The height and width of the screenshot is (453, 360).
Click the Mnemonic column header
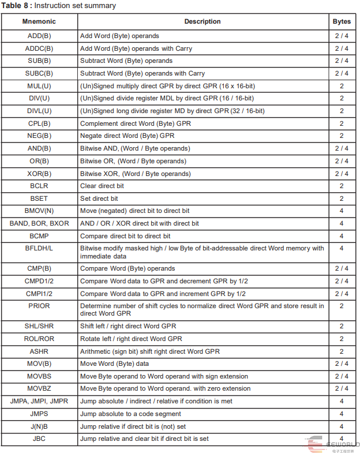coord(39,21)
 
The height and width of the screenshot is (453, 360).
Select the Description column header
coord(202,21)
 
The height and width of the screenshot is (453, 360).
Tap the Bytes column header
coord(342,21)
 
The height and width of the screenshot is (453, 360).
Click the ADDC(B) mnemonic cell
coord(39,48)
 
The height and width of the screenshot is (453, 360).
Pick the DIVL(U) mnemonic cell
coord(39,111)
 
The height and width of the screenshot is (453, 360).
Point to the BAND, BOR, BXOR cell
coord(39,223)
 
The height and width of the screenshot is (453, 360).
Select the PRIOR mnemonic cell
coord(39,306)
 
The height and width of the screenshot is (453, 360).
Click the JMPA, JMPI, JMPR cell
coord(39,401)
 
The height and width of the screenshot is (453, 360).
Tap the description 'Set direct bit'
coord(99,199)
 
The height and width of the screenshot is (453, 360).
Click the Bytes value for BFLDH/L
coord(342,248)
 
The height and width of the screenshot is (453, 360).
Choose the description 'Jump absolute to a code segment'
coord(130,414)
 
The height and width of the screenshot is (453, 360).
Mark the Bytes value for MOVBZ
coord(342,388)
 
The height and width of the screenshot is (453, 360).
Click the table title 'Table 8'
coord(17,6)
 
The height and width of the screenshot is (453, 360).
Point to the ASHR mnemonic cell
coord(39,351)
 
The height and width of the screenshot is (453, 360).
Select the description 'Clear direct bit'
coord(102,186)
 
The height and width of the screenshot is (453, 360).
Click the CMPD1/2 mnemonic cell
coord(39,281)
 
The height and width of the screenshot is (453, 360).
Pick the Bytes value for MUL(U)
coord(342,86)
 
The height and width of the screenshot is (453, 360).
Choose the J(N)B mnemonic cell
coord(39,426)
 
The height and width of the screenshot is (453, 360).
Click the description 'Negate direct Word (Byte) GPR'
coord(127,136)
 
